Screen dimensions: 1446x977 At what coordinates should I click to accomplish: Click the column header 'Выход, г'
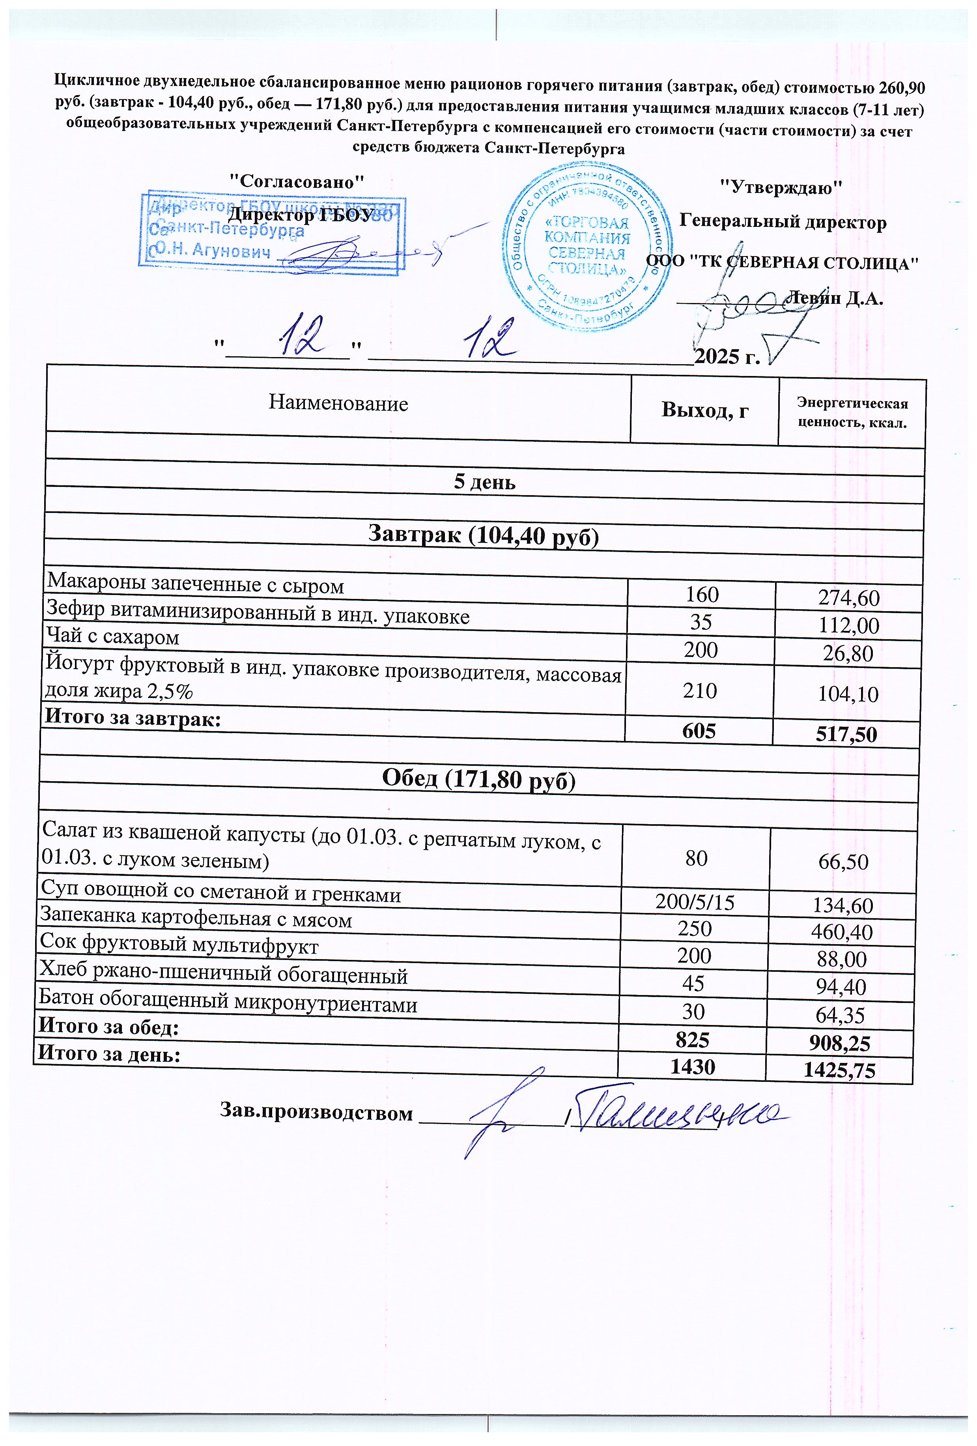pos(704,410)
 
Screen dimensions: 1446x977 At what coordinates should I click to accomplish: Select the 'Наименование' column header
pos(338,404)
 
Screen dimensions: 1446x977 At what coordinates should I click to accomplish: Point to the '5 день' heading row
pos(484,482)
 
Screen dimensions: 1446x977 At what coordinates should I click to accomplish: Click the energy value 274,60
pos(849,599)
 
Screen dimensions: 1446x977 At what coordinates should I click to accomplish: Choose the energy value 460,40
pos(842,932)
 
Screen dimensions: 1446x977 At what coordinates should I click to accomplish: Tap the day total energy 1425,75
pos(840,1070)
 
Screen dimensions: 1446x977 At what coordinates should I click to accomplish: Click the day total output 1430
pos(692,1066)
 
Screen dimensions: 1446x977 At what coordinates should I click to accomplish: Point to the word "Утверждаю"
pos(781,187)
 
